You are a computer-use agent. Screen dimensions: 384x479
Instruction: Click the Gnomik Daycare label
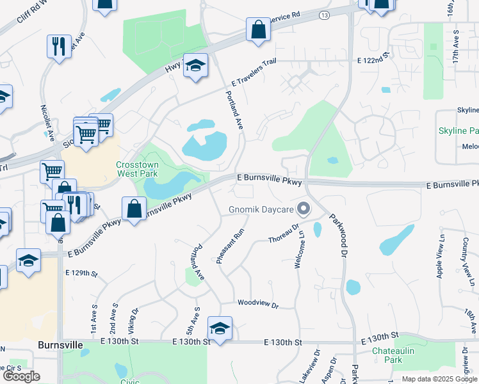(x=261, y=210)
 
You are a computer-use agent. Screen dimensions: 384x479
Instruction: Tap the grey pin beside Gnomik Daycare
(x=304, y=209)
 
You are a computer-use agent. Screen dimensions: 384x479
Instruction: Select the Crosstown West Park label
(x=137, y=169)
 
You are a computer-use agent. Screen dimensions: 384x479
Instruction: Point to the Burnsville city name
(x=60, y=344)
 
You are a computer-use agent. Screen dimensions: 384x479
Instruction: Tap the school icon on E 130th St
(x=220, y=328)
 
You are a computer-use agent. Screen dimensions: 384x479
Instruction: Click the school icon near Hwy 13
(x=196, y=65)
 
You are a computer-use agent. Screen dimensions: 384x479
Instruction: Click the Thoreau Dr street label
(x=284, y=233)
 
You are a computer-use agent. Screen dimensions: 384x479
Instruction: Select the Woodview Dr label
(x=257, y=304)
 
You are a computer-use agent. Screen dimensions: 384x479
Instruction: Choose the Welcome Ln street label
(x=300, y=250)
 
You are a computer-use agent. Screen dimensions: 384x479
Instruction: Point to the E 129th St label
(x=81, y=273)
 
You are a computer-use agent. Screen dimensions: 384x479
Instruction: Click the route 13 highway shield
(x=325, y=14)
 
